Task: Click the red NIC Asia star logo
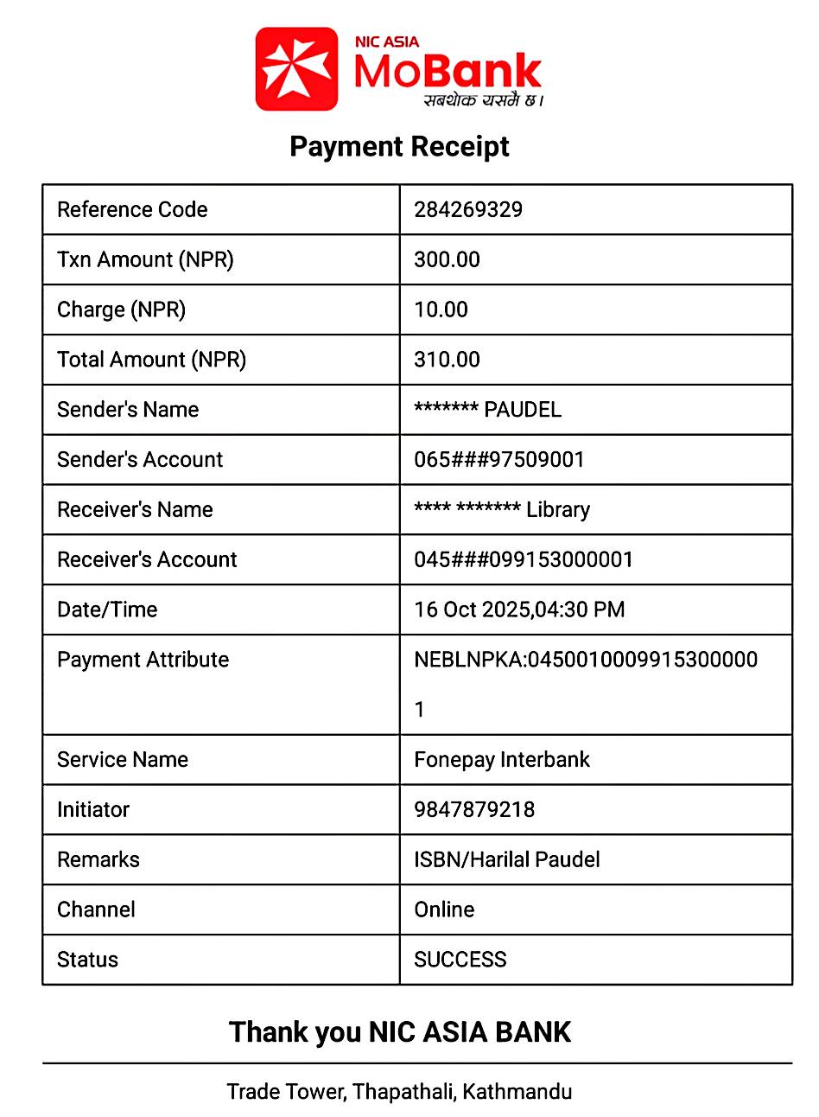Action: [296, 69]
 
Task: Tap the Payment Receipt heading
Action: [399, 146]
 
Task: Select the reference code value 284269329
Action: [468, 210]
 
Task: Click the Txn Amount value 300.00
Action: [447, 260]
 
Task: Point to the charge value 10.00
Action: [441, 310]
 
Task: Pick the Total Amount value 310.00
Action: [447, 360]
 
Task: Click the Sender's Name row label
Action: [128, 410]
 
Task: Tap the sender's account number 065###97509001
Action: [499, 460]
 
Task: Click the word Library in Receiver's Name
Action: [558, 510]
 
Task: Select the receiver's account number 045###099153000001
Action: [524, 560]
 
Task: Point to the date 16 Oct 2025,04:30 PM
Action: [519, 610]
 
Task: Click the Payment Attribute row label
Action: [143, 661]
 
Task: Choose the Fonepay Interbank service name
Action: [502, 760]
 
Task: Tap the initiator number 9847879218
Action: [474, 810]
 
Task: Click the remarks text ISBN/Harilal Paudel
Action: [507, 860]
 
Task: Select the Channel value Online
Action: [444, 910]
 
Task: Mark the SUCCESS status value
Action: [460, 960]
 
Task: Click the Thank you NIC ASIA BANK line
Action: [400, 1032]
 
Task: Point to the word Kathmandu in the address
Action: [517, 1092]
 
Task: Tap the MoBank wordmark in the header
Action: [448, 72]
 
